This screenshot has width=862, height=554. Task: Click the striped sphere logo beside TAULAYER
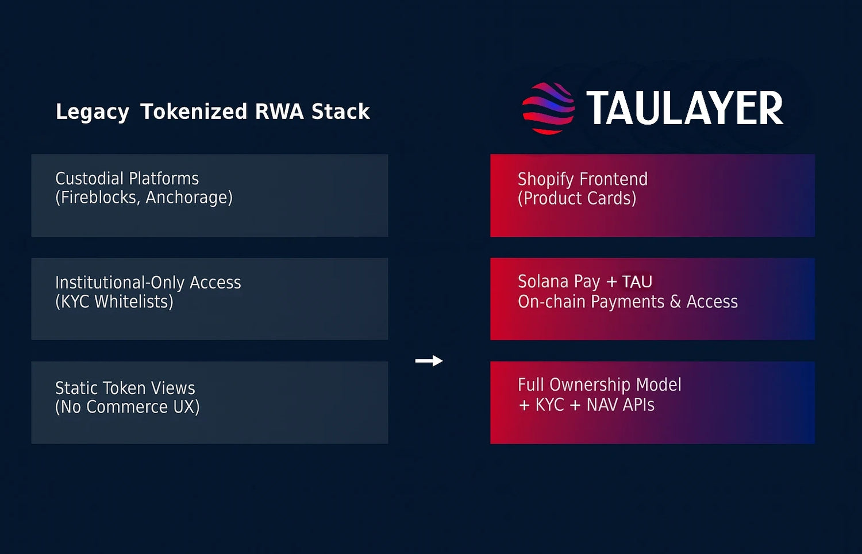pyautogui.click(x=548, y=109)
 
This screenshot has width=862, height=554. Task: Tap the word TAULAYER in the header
pyautogui.click(x=685, y=108)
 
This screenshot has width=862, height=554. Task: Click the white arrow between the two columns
pyautogui.click(x=429, y=360)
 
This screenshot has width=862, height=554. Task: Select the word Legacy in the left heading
pyautogui.click(x=93, y=112)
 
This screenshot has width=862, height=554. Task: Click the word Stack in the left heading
pyautogui.click(x=341, y=111)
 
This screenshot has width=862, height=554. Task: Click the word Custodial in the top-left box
pyautogui.click(x=90, y=179)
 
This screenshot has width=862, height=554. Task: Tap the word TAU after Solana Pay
pyautogui.click(x=637, y=282)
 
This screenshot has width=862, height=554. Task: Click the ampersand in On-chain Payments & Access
pyautogui.click(x=675, y=302)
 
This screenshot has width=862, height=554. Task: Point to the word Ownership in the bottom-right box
pyautogui.click(x=590, y=385)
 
